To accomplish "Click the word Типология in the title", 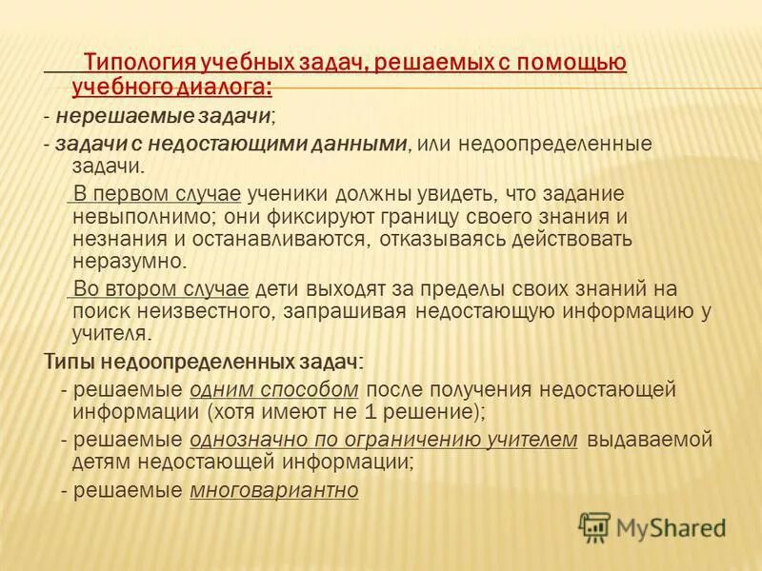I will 140,64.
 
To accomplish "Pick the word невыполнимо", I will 130,216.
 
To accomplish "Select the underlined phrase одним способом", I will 274,389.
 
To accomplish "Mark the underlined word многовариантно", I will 274,491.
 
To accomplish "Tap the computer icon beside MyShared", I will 594,527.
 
